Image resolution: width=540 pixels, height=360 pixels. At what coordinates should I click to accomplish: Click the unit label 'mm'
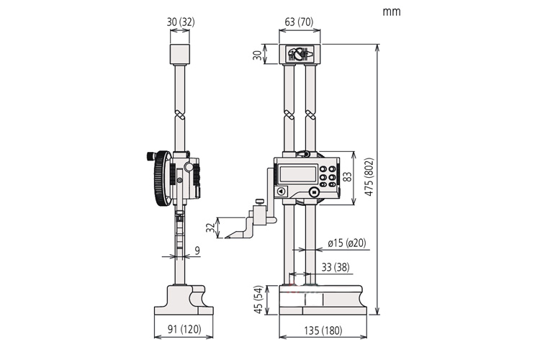point(392,12)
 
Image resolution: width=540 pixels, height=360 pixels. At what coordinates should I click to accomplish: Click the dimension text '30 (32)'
point(180,23)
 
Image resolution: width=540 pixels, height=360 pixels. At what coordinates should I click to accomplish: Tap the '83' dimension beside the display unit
point(348,178)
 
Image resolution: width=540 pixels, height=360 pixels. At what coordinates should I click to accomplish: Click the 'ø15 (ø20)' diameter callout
point(346,243)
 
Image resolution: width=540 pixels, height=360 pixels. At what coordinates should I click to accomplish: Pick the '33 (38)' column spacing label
point(336,266)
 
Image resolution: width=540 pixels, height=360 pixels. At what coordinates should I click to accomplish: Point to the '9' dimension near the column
point(197,251)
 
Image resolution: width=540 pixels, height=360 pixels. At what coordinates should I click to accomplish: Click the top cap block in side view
point(180,53)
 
